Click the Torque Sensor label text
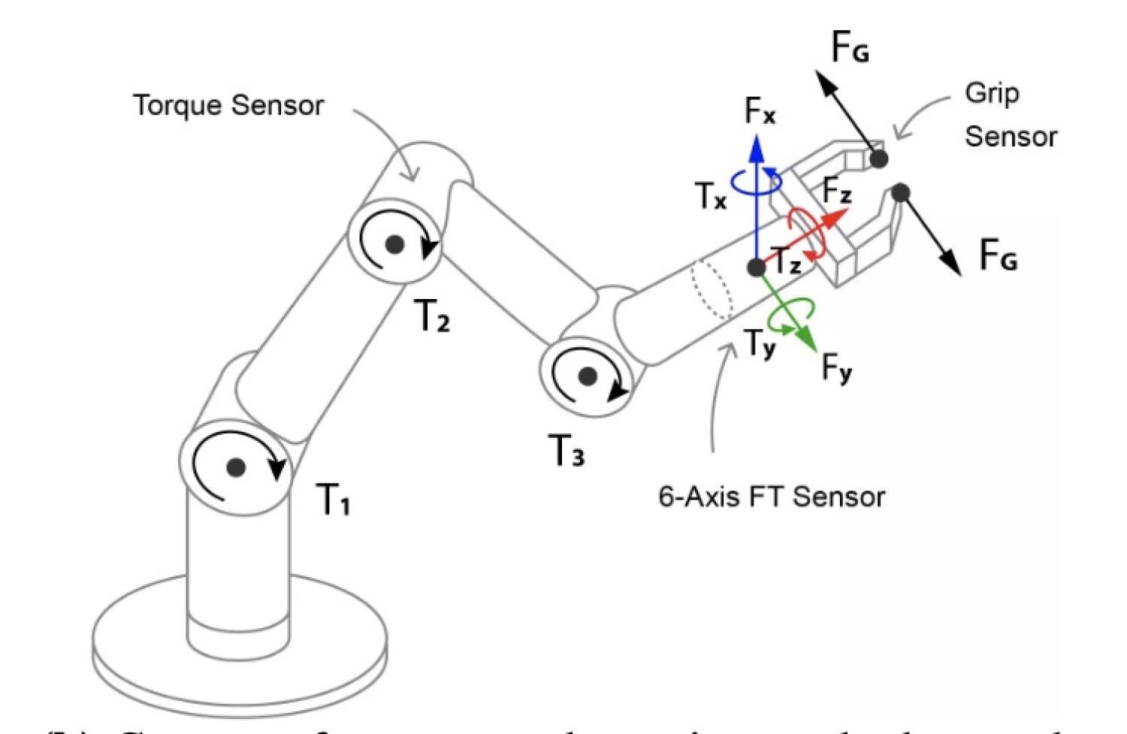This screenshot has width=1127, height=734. (228, 105)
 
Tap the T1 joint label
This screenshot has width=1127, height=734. (333, 499)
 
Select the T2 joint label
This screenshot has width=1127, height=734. (433, 316)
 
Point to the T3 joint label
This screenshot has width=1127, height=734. (567, 451)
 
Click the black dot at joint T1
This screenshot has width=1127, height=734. (236, 467)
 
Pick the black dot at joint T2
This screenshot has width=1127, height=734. (394, 243)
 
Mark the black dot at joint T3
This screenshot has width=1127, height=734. (588, 376)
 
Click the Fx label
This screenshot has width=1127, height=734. (760, 111)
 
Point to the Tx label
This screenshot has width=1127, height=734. (711, 196)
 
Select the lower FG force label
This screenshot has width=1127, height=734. (999, 255)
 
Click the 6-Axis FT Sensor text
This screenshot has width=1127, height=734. (772, 497)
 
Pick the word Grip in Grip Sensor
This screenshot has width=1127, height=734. (992, 94)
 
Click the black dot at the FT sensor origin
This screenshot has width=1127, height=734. (757, 267)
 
